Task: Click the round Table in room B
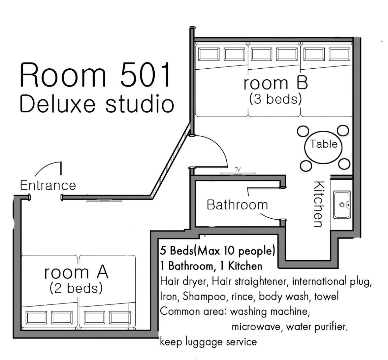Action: (323, 147)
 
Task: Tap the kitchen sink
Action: (342, 205)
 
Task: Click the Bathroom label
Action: (237, 205)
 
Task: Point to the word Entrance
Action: (48, 185)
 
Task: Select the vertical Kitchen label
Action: (319, 204)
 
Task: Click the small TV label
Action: (238, 170)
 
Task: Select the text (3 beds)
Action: (276, 99)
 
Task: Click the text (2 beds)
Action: (76, 288)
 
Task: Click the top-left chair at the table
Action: (303, 131)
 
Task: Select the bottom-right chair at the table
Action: (344, 164)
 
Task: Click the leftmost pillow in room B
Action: (209, 54)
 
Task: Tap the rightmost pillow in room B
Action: (339, 54)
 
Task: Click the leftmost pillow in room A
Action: (36, 318)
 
